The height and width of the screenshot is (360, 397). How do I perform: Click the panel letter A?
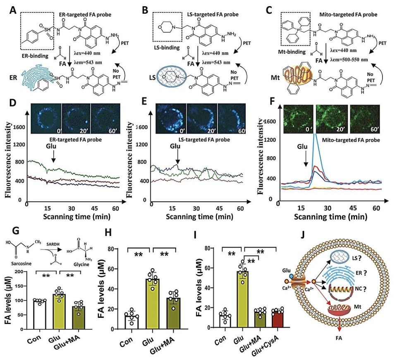[12, 8]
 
